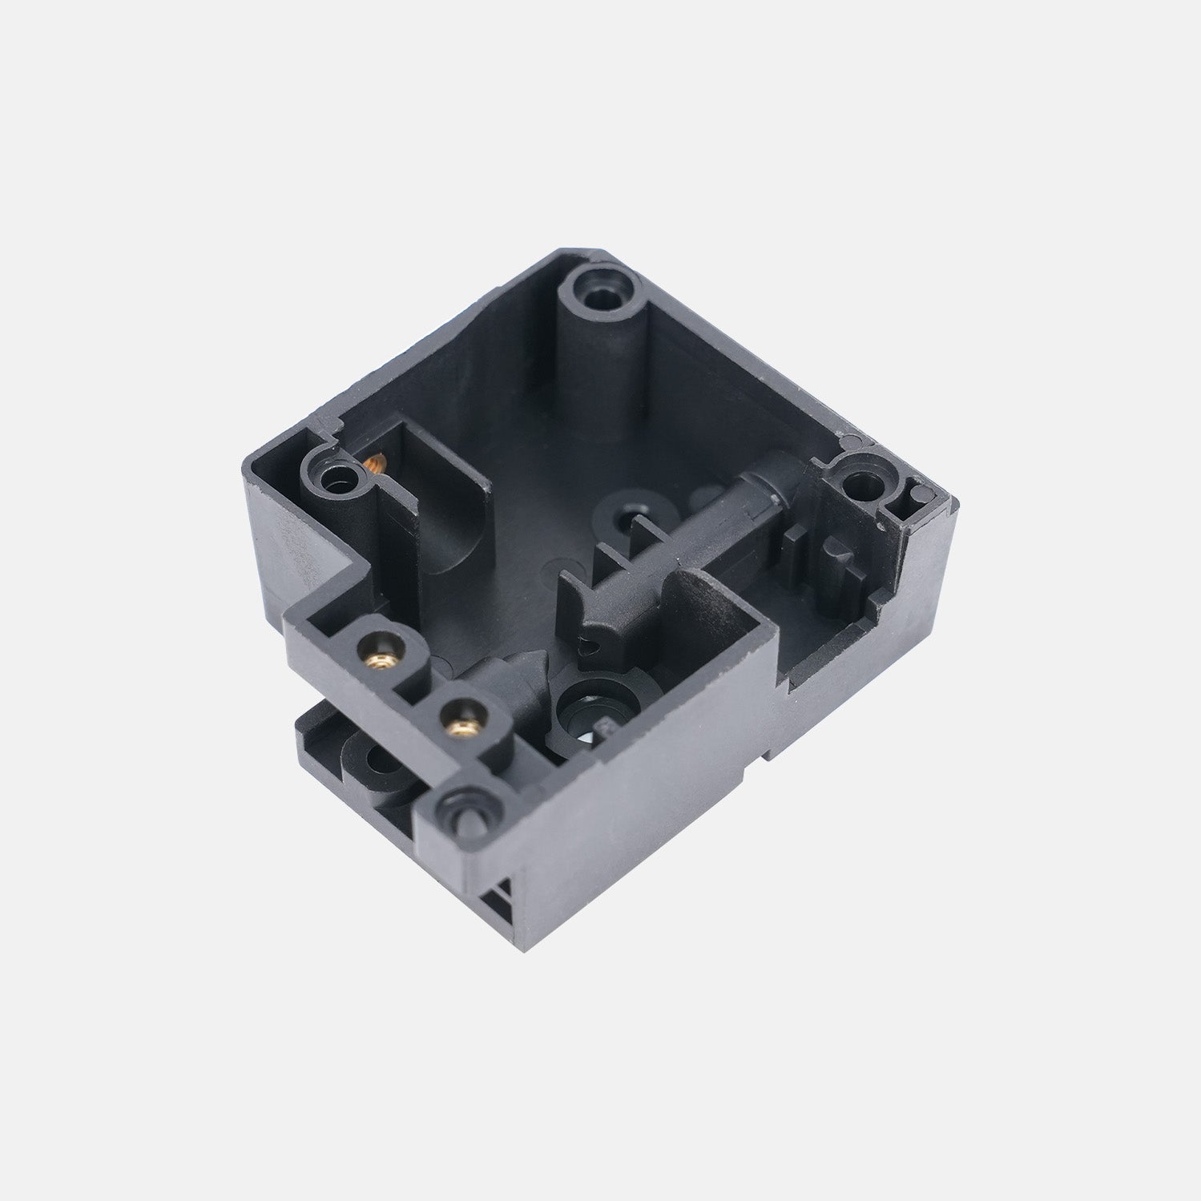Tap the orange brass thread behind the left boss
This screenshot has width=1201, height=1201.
click(x=373, y=463)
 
